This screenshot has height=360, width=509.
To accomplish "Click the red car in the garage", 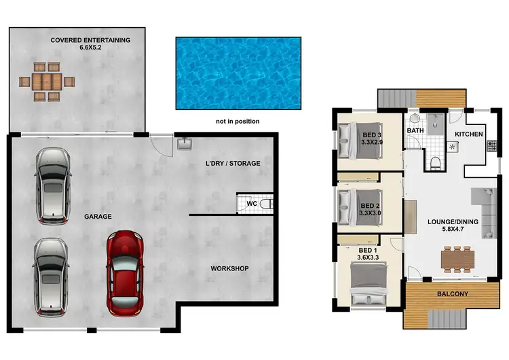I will pos(126,272).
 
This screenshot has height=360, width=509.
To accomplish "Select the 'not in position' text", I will pos(238,122).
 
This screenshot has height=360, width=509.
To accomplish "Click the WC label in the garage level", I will pos(251,203).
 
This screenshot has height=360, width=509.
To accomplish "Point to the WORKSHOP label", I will pos(229,269).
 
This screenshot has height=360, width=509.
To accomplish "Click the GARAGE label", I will pos(98,217).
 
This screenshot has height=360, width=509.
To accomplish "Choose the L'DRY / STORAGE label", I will pos(233,164).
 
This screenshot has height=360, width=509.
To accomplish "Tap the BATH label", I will pos(415,130).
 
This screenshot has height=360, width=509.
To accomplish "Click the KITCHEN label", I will pos(468,134).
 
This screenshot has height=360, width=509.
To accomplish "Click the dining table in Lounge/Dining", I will pos(456,259).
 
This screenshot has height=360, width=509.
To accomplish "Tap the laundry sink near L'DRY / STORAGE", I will pos(184,143).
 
